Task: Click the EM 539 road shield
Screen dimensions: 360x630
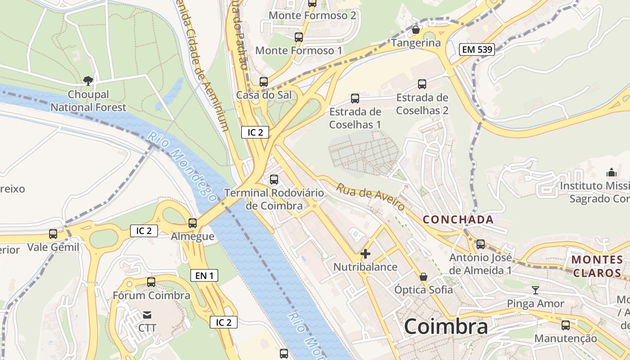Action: (477, 49)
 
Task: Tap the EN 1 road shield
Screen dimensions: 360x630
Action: (204, 275)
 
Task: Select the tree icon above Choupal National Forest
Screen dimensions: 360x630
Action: (88, 81)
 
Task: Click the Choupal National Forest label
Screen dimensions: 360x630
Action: (88, 101)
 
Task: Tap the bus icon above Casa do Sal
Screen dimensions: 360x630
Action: (264, 82)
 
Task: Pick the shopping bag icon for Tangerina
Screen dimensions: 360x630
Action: (416, 30)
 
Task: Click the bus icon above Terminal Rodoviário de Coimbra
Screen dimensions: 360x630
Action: (274, 180)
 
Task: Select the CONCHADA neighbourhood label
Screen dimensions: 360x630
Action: (458, 220)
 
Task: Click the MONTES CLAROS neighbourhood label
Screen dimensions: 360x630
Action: (597, 266)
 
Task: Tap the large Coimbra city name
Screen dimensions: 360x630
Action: (445, 326)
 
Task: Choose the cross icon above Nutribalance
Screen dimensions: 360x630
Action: (365, 254)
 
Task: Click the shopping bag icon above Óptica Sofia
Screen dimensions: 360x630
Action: (423, 276)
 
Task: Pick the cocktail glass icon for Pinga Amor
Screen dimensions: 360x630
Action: (535, 290)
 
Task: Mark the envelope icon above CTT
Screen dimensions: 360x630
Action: (147, 315)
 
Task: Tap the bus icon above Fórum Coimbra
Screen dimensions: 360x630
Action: (151, 282)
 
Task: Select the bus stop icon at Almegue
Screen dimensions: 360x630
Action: (193, 223)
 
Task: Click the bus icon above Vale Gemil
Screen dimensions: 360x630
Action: (53, 234)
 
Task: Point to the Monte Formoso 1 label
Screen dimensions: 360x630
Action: (298, 50)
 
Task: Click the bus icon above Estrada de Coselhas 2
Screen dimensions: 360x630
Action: (422, 84)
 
